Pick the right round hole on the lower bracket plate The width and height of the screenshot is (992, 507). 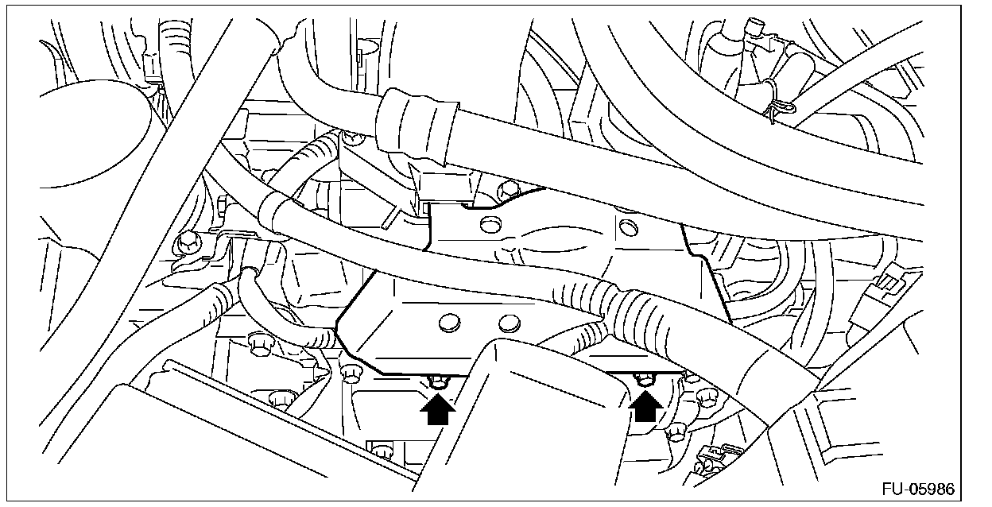coord(508,322)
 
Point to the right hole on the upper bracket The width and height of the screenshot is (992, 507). coord(627,229)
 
